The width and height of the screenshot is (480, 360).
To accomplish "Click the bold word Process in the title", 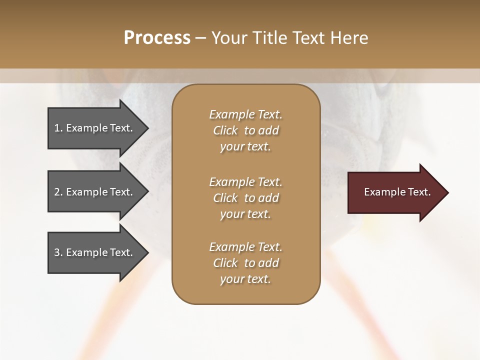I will [157, 38].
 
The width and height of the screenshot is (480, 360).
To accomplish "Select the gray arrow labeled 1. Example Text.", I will [95, 128].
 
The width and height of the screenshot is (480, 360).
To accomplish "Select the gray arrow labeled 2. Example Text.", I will [95, 192].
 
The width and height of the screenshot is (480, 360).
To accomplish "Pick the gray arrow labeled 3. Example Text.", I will [95, 252].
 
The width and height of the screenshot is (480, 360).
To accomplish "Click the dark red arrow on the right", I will [395, 192].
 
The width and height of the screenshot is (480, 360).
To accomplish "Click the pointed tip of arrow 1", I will [146, 128].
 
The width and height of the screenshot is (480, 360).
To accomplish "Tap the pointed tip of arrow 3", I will [146, 252].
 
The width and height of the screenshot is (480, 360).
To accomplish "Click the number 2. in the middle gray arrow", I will [58, 192].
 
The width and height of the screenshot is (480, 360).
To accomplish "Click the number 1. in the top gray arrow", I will [58, 128].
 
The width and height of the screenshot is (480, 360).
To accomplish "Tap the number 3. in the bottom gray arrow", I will [58, 252].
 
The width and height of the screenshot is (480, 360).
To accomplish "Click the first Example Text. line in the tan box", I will [245, 114].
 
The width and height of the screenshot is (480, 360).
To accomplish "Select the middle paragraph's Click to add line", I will [245, 198].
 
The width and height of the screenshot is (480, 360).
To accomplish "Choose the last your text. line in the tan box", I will [245, 279].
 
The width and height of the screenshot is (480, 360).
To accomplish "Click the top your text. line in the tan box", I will [245, 146].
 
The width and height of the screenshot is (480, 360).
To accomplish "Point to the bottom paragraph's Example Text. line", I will [245, 247].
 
